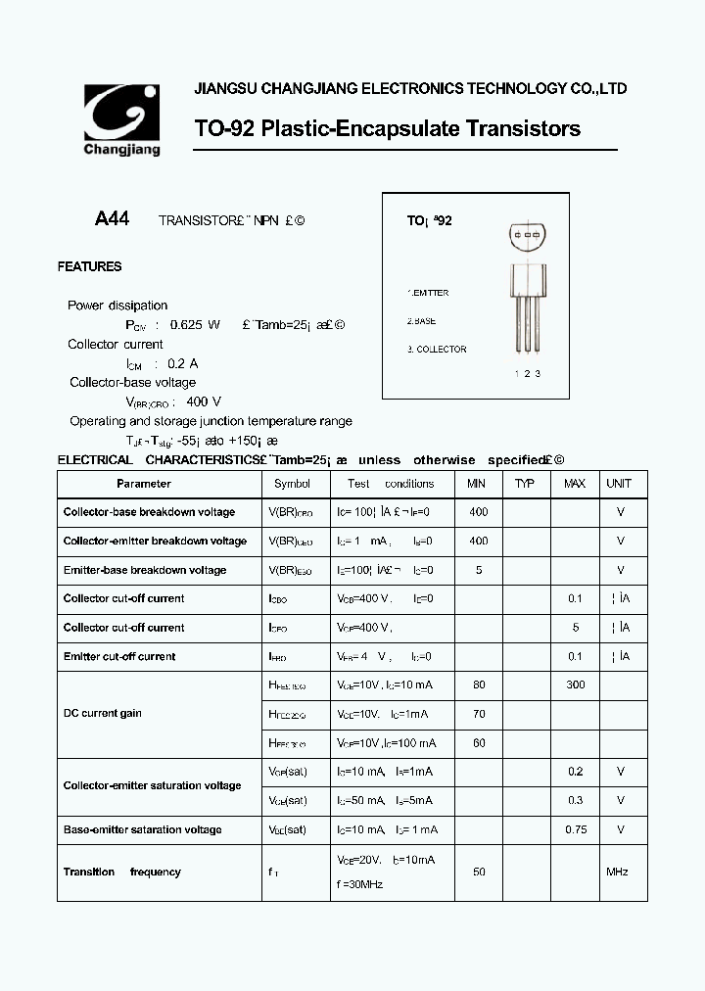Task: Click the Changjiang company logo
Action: click(122, 119)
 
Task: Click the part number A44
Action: click(112, 219)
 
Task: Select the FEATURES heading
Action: click(89, 266)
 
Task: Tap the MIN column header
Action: click(477, 484)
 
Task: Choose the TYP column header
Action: click(525, 484)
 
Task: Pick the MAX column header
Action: click(575, 484)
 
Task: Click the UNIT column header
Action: click(619, 484)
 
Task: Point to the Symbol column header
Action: click(292, 484)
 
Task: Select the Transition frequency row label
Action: click(122, 872)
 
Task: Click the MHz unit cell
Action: click(617, 872)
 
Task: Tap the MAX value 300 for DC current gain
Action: click(575, 684)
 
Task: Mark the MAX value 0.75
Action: click(576, 829)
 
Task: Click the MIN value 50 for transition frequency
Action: click(479, 872)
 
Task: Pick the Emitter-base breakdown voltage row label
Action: click(144, 570)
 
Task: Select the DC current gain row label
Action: click(103, 713)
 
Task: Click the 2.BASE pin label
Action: click(422, 321)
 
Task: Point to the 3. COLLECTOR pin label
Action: click(437, 350)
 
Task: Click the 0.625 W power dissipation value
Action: click(195, 324)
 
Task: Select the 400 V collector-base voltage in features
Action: click(204, 401)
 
